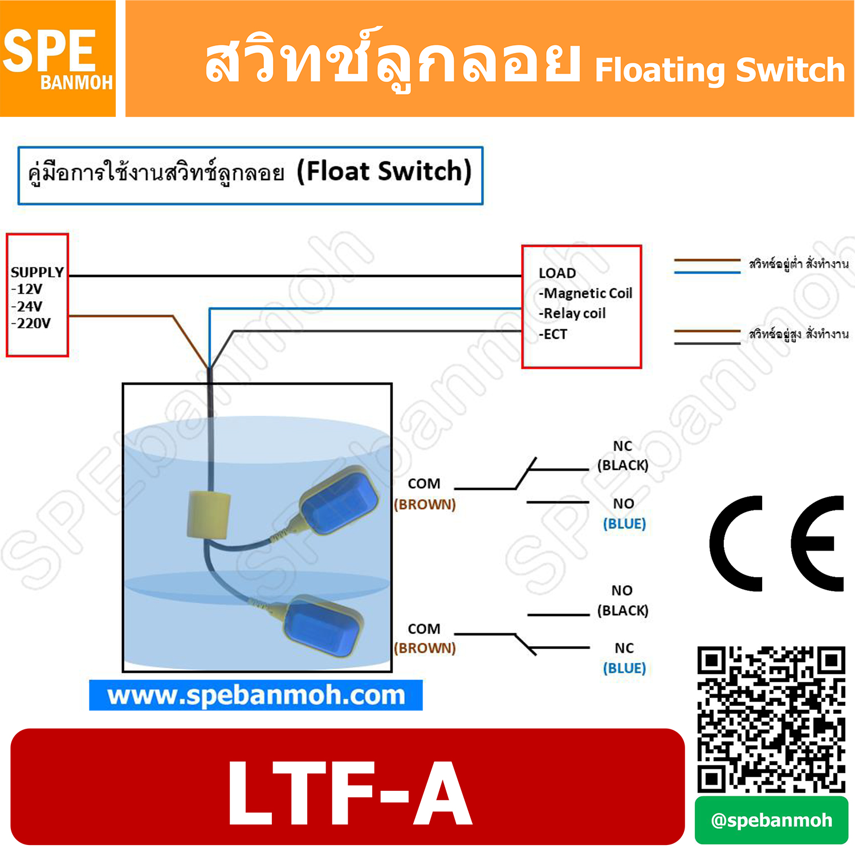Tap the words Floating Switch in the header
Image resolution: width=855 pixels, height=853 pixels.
tap(719, 70)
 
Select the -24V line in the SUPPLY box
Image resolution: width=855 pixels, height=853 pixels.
tap(27, 306)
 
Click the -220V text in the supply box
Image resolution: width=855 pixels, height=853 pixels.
tap(31, 323)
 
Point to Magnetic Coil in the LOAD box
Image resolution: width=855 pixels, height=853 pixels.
tap(587, 293)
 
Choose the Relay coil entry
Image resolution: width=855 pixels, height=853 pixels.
tap(573, 313)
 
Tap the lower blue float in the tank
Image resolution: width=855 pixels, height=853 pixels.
tap(321, 627)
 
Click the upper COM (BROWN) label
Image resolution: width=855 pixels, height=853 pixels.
tap(425, 494)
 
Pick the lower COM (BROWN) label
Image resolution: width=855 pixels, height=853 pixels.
tap(425, 638)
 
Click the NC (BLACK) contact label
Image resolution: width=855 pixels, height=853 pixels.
tap(622, 456)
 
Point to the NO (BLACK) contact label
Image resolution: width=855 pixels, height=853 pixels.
tap(622, 600)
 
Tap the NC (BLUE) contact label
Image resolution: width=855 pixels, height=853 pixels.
tap(624, 658)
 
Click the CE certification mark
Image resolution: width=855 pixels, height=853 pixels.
tap(776, 543)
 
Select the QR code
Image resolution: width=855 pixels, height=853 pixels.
tap(771, 719)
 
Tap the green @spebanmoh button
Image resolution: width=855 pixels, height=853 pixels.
tap(771, 820)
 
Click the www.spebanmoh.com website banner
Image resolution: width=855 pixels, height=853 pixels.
tap(256, 695)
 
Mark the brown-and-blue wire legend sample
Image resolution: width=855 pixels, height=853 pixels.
tap(707, 266)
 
